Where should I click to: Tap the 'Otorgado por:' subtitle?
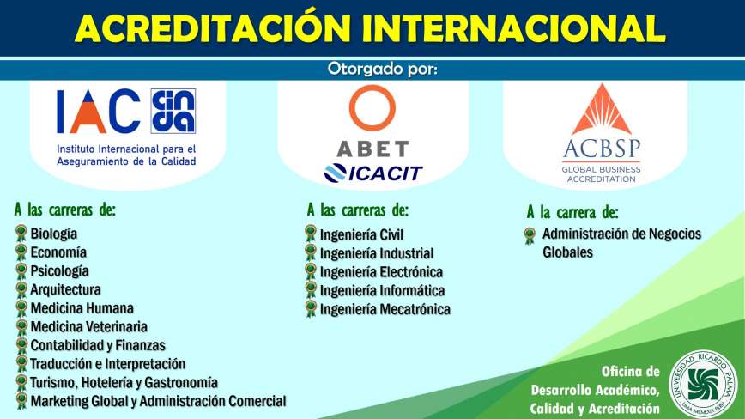click(x=382, y=69)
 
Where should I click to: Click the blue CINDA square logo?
click(x=173, y=111)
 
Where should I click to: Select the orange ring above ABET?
click(x=372, y=108)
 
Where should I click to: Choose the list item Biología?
click(x=54, y=234)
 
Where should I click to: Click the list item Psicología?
click(x=59, y=271)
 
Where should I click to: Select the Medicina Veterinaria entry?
click(x=89, y=327)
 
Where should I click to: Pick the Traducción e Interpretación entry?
click(x=108, y=364)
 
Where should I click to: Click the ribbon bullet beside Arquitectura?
click(x=21, y=289)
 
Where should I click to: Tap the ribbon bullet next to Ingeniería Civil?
click(x=310, y=234)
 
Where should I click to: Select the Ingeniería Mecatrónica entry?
click(x=385, y=309)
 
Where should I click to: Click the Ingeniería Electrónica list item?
click(x=381, y=272)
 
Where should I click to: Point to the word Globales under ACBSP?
click(x=568, y=252)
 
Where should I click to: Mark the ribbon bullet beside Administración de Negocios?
click(x=530, y=235)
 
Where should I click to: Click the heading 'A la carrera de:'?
click(x=572, y=212)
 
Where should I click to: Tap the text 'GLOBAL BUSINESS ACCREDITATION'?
click(x=601, y=174)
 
